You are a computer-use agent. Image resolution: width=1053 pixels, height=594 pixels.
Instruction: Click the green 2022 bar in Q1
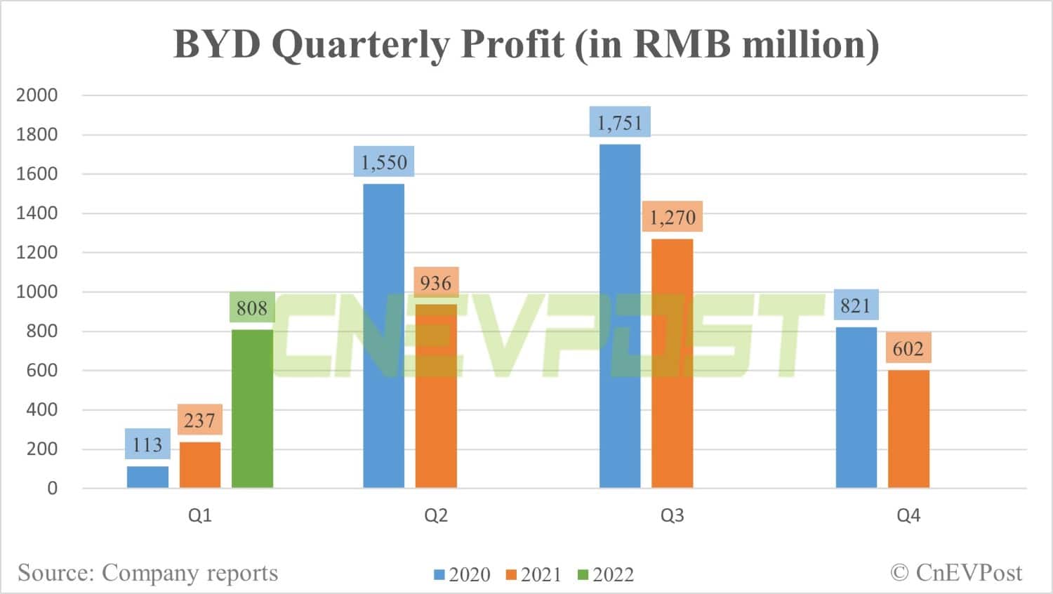[x=252, y=409]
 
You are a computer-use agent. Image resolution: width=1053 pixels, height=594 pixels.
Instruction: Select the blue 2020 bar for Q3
[x=620, y=316]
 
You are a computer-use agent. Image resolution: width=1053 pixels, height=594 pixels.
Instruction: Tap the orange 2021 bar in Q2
[x=436, y=396]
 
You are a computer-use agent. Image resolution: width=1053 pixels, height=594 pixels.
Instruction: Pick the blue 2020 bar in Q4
[x=856, y=407]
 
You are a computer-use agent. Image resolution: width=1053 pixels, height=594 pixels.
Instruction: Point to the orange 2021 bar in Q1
[x=200, y=465]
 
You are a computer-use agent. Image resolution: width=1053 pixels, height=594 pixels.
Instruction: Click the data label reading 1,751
[x=620, y=123]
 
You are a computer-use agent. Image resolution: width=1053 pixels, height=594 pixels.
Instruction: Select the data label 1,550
[x=384, y=162]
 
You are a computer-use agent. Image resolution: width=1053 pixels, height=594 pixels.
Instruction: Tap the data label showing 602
[x=908, y=348]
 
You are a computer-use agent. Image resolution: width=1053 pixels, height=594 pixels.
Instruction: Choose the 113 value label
[x=147, y=444]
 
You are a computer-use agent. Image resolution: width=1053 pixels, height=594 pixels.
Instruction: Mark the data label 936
[x=436, y=283]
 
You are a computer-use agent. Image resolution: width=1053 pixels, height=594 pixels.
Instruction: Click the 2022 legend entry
[x=605, y=574]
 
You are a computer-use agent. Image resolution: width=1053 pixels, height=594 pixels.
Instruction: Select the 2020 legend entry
[x=462, y=574]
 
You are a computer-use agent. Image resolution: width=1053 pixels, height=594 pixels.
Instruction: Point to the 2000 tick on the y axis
[x=37, y=95]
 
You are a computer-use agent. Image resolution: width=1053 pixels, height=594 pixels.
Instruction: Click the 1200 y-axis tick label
[x=37, y=252]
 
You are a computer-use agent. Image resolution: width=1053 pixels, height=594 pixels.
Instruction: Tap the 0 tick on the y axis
[x=52, y=488]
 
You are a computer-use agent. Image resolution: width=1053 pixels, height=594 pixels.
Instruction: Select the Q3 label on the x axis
[x=672, y=515]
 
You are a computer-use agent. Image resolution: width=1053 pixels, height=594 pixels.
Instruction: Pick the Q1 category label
[x=199, y=515]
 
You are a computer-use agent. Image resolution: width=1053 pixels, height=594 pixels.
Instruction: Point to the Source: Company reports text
[x=148, y=573]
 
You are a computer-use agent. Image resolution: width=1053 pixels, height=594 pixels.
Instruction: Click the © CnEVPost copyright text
[x=956, y=573]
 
